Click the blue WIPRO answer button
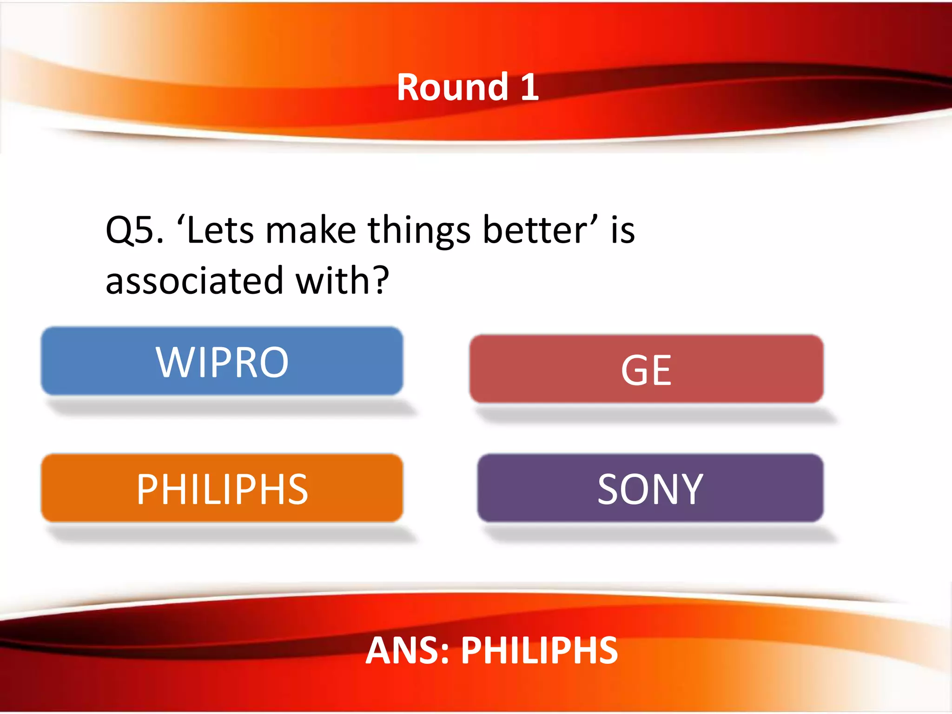click(x=222, y=361)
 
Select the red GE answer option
click(x=646, y=369)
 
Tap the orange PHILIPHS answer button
click(x=222, y=488)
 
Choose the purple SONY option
click(x=650, y=488)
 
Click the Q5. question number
click(x=134, y=231)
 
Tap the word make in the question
click(x=310, y=231)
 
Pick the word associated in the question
click(x=194, y=281)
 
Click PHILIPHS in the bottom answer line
click(x=539, y=650)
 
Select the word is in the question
click(x=622, y=230)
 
